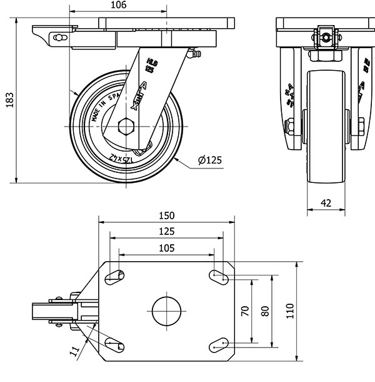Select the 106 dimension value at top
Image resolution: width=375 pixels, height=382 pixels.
coord(118,6)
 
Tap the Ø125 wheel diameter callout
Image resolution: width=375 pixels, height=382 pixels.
coord(209,160)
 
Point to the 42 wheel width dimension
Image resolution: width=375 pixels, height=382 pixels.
coord(326,202)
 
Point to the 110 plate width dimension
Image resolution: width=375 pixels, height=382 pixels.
coord(289,311)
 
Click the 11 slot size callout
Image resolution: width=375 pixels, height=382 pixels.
coord(73,349)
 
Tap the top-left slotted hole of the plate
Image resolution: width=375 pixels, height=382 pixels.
coord(115,275)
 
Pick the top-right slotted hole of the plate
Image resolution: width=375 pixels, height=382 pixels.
coord(218,274)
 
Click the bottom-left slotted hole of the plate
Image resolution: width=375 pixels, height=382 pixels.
coord(115,344)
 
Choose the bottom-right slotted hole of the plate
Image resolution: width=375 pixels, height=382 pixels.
coord(218,343)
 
